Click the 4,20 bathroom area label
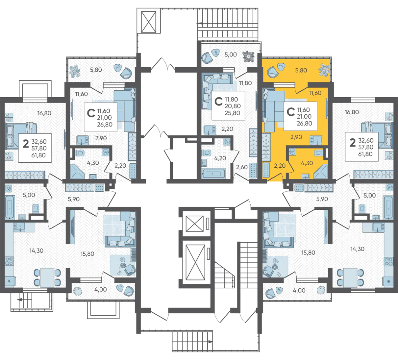point(220,158)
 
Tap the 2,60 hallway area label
point(242,167)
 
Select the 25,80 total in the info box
point(232,113)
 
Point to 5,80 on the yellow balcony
point(301,70)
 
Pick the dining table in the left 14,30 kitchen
point(47,277)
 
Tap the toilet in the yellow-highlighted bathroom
point(318,153)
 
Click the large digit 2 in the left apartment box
point(26,144)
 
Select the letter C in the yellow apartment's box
point(291,112)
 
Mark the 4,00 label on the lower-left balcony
point(100,289)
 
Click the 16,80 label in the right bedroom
point(352,112)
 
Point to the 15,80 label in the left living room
point(87,254)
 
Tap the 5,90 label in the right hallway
point(322,199)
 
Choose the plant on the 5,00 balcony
point(248,56)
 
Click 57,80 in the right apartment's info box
point(365,147)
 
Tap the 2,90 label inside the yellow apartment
point(296,137)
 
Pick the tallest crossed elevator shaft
point(195,262)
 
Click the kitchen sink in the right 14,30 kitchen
point(378,227)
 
